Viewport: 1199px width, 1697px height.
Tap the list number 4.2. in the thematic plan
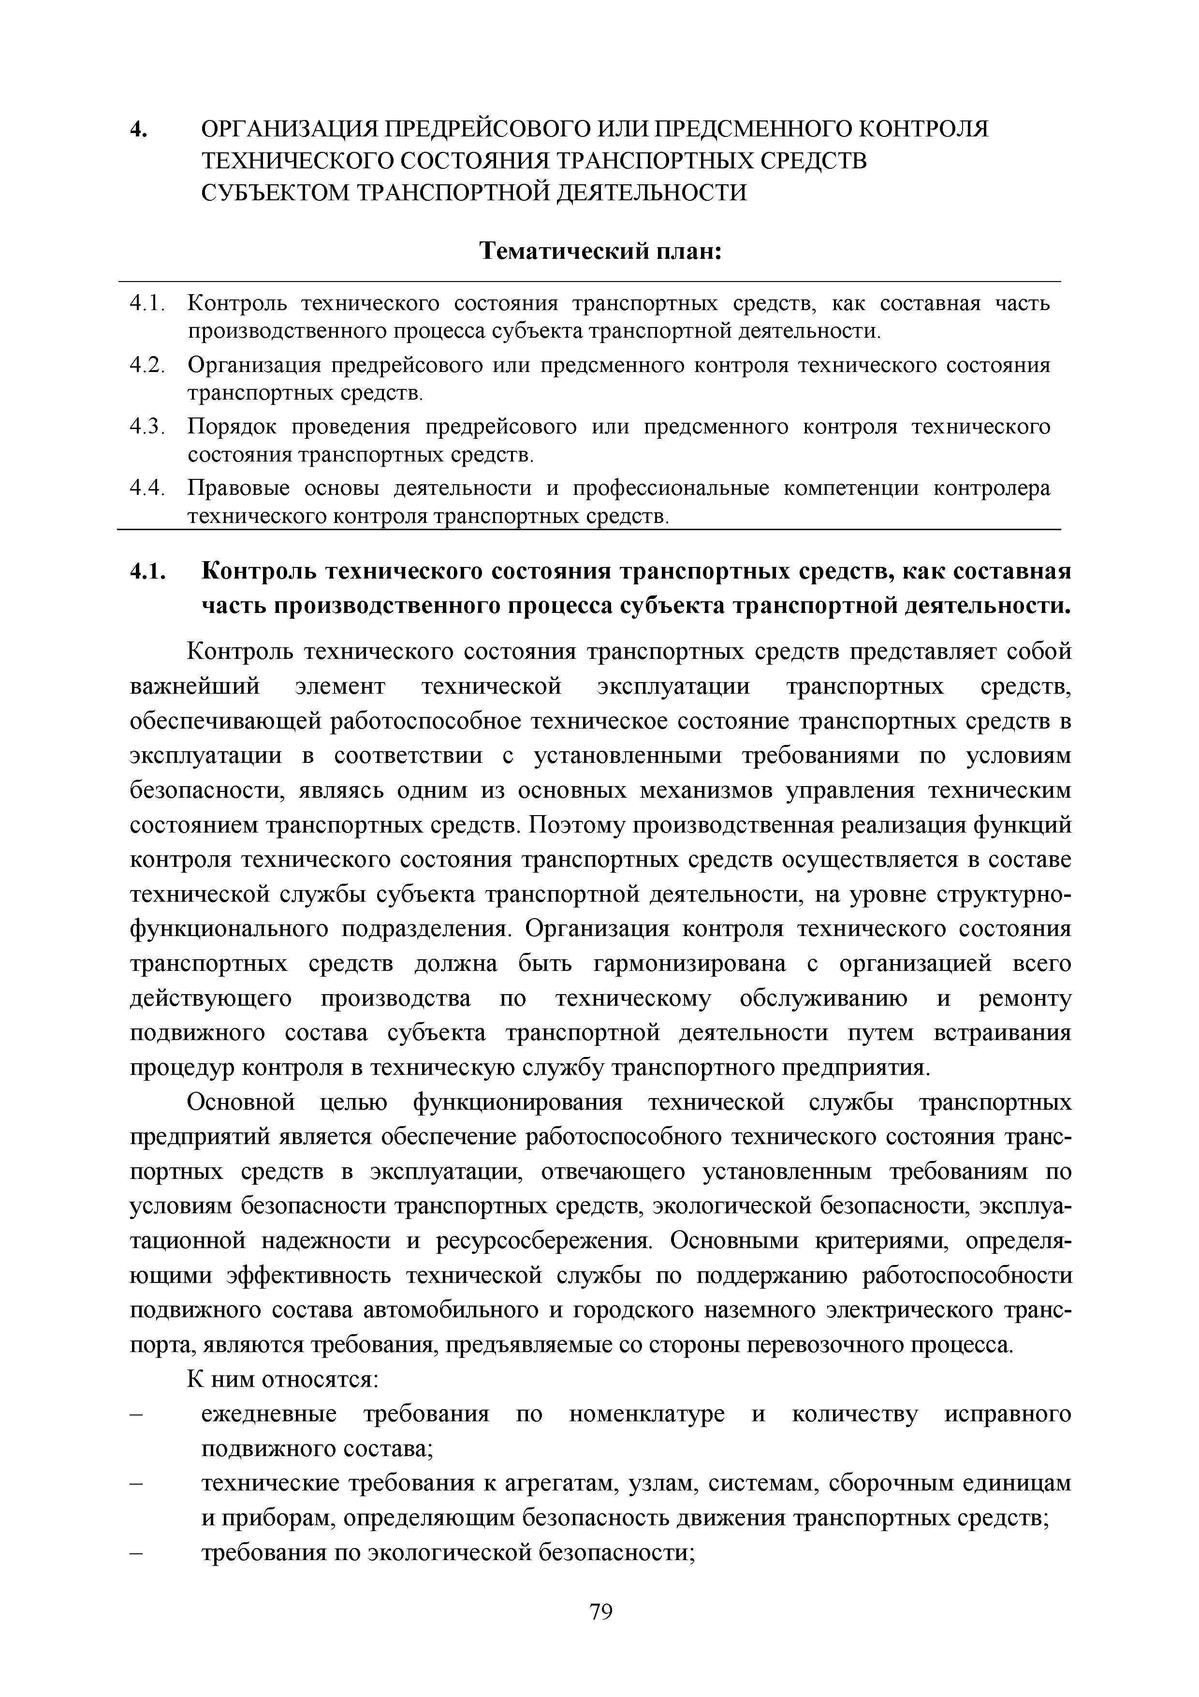[146, 365]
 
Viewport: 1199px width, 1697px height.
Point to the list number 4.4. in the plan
[146, 489]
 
